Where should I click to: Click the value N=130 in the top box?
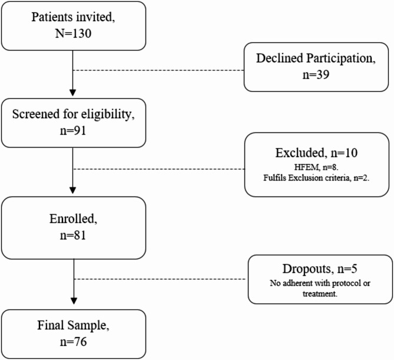click(x=73, y=34)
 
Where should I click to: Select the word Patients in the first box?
click(x=52, y=17)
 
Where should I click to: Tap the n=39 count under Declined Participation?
click(x=316, y=75)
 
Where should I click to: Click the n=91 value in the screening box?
click(x=73, y=131)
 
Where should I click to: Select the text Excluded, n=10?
click(x=316, y=152)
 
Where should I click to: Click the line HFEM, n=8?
click(x=316, y=167)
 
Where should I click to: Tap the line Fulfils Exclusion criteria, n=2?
click(x=316, y=178)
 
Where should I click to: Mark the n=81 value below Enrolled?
click(x=73, y=235)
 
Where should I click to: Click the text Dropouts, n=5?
click(x=320, y=269)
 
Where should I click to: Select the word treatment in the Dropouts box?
click(x=320, y=294)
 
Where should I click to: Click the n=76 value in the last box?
click(x=74, y=342)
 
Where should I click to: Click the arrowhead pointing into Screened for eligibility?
click(x=72, y=92)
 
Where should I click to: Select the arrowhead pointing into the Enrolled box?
click(x=72, y=190)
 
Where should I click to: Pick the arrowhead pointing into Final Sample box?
click(x=74, y=301)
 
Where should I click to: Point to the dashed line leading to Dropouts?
click(x=160, y=279)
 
